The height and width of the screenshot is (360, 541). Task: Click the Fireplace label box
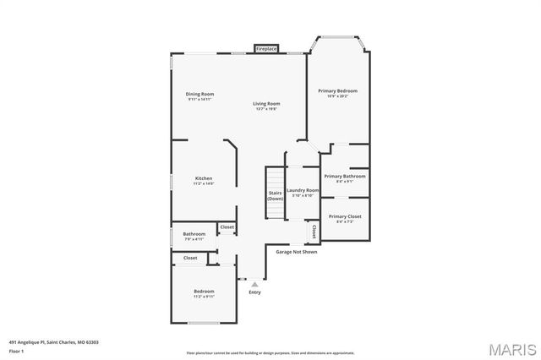point(265,49)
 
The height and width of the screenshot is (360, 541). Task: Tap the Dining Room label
point(200,94)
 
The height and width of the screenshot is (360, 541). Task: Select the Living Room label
point(265,104)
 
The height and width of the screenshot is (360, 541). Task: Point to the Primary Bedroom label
point(337,90)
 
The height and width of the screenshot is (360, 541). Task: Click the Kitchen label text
point(204,178)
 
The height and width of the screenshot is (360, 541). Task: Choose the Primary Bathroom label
point(345,177)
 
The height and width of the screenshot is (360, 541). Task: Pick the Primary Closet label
point(345,216)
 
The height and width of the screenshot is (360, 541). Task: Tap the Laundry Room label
point(303,191)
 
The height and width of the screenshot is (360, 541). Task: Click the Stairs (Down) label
point(276,195)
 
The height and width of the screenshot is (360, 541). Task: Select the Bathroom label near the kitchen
point(194,234)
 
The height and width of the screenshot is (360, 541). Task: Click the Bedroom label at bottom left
point(204,292)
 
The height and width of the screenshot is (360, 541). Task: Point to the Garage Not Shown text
point(297,251)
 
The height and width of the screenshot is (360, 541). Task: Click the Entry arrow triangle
point(254,285)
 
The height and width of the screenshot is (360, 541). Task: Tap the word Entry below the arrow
point(254,293)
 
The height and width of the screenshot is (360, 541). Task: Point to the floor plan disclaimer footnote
point(270,352)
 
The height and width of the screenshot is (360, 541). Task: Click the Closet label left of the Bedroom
point(190,258)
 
